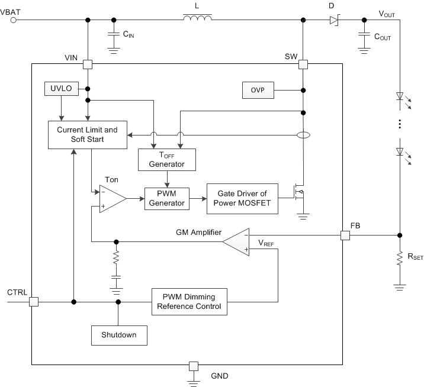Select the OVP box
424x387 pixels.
[257, 91]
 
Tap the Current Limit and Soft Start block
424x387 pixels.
[87, 134]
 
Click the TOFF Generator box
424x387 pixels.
[166, 159]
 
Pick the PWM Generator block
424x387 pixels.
[166, 198]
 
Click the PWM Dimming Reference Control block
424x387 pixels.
[188, 301]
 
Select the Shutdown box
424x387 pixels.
[118, 334]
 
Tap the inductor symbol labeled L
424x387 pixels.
[197, 21]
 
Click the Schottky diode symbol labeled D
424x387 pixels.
[333, 21]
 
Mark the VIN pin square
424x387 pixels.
[88, 64]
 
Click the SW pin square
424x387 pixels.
[303, 64]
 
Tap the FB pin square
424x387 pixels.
[345, 236]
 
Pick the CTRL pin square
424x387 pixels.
[33, 301]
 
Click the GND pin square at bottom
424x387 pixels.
[192, 366]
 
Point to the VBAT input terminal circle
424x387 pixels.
[14, 20]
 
